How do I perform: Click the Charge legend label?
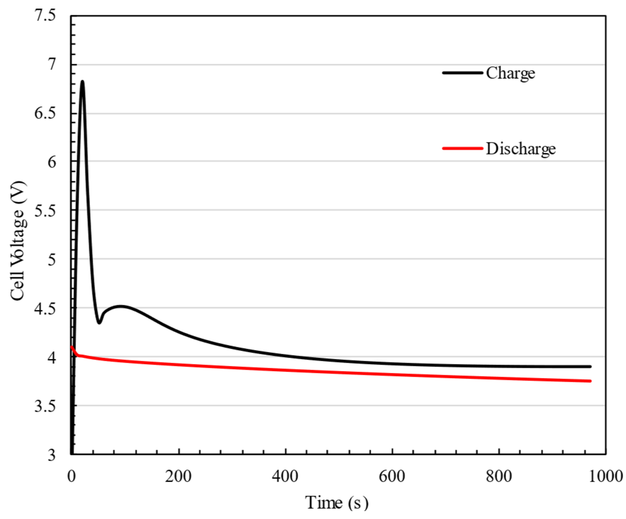510,73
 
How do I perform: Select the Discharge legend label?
521,149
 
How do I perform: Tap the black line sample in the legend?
463,73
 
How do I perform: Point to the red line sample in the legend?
463,148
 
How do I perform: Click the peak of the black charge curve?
82,82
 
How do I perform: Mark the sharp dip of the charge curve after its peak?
99,322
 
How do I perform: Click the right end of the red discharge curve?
590,381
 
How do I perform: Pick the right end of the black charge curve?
590,367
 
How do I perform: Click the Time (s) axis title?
337,503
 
